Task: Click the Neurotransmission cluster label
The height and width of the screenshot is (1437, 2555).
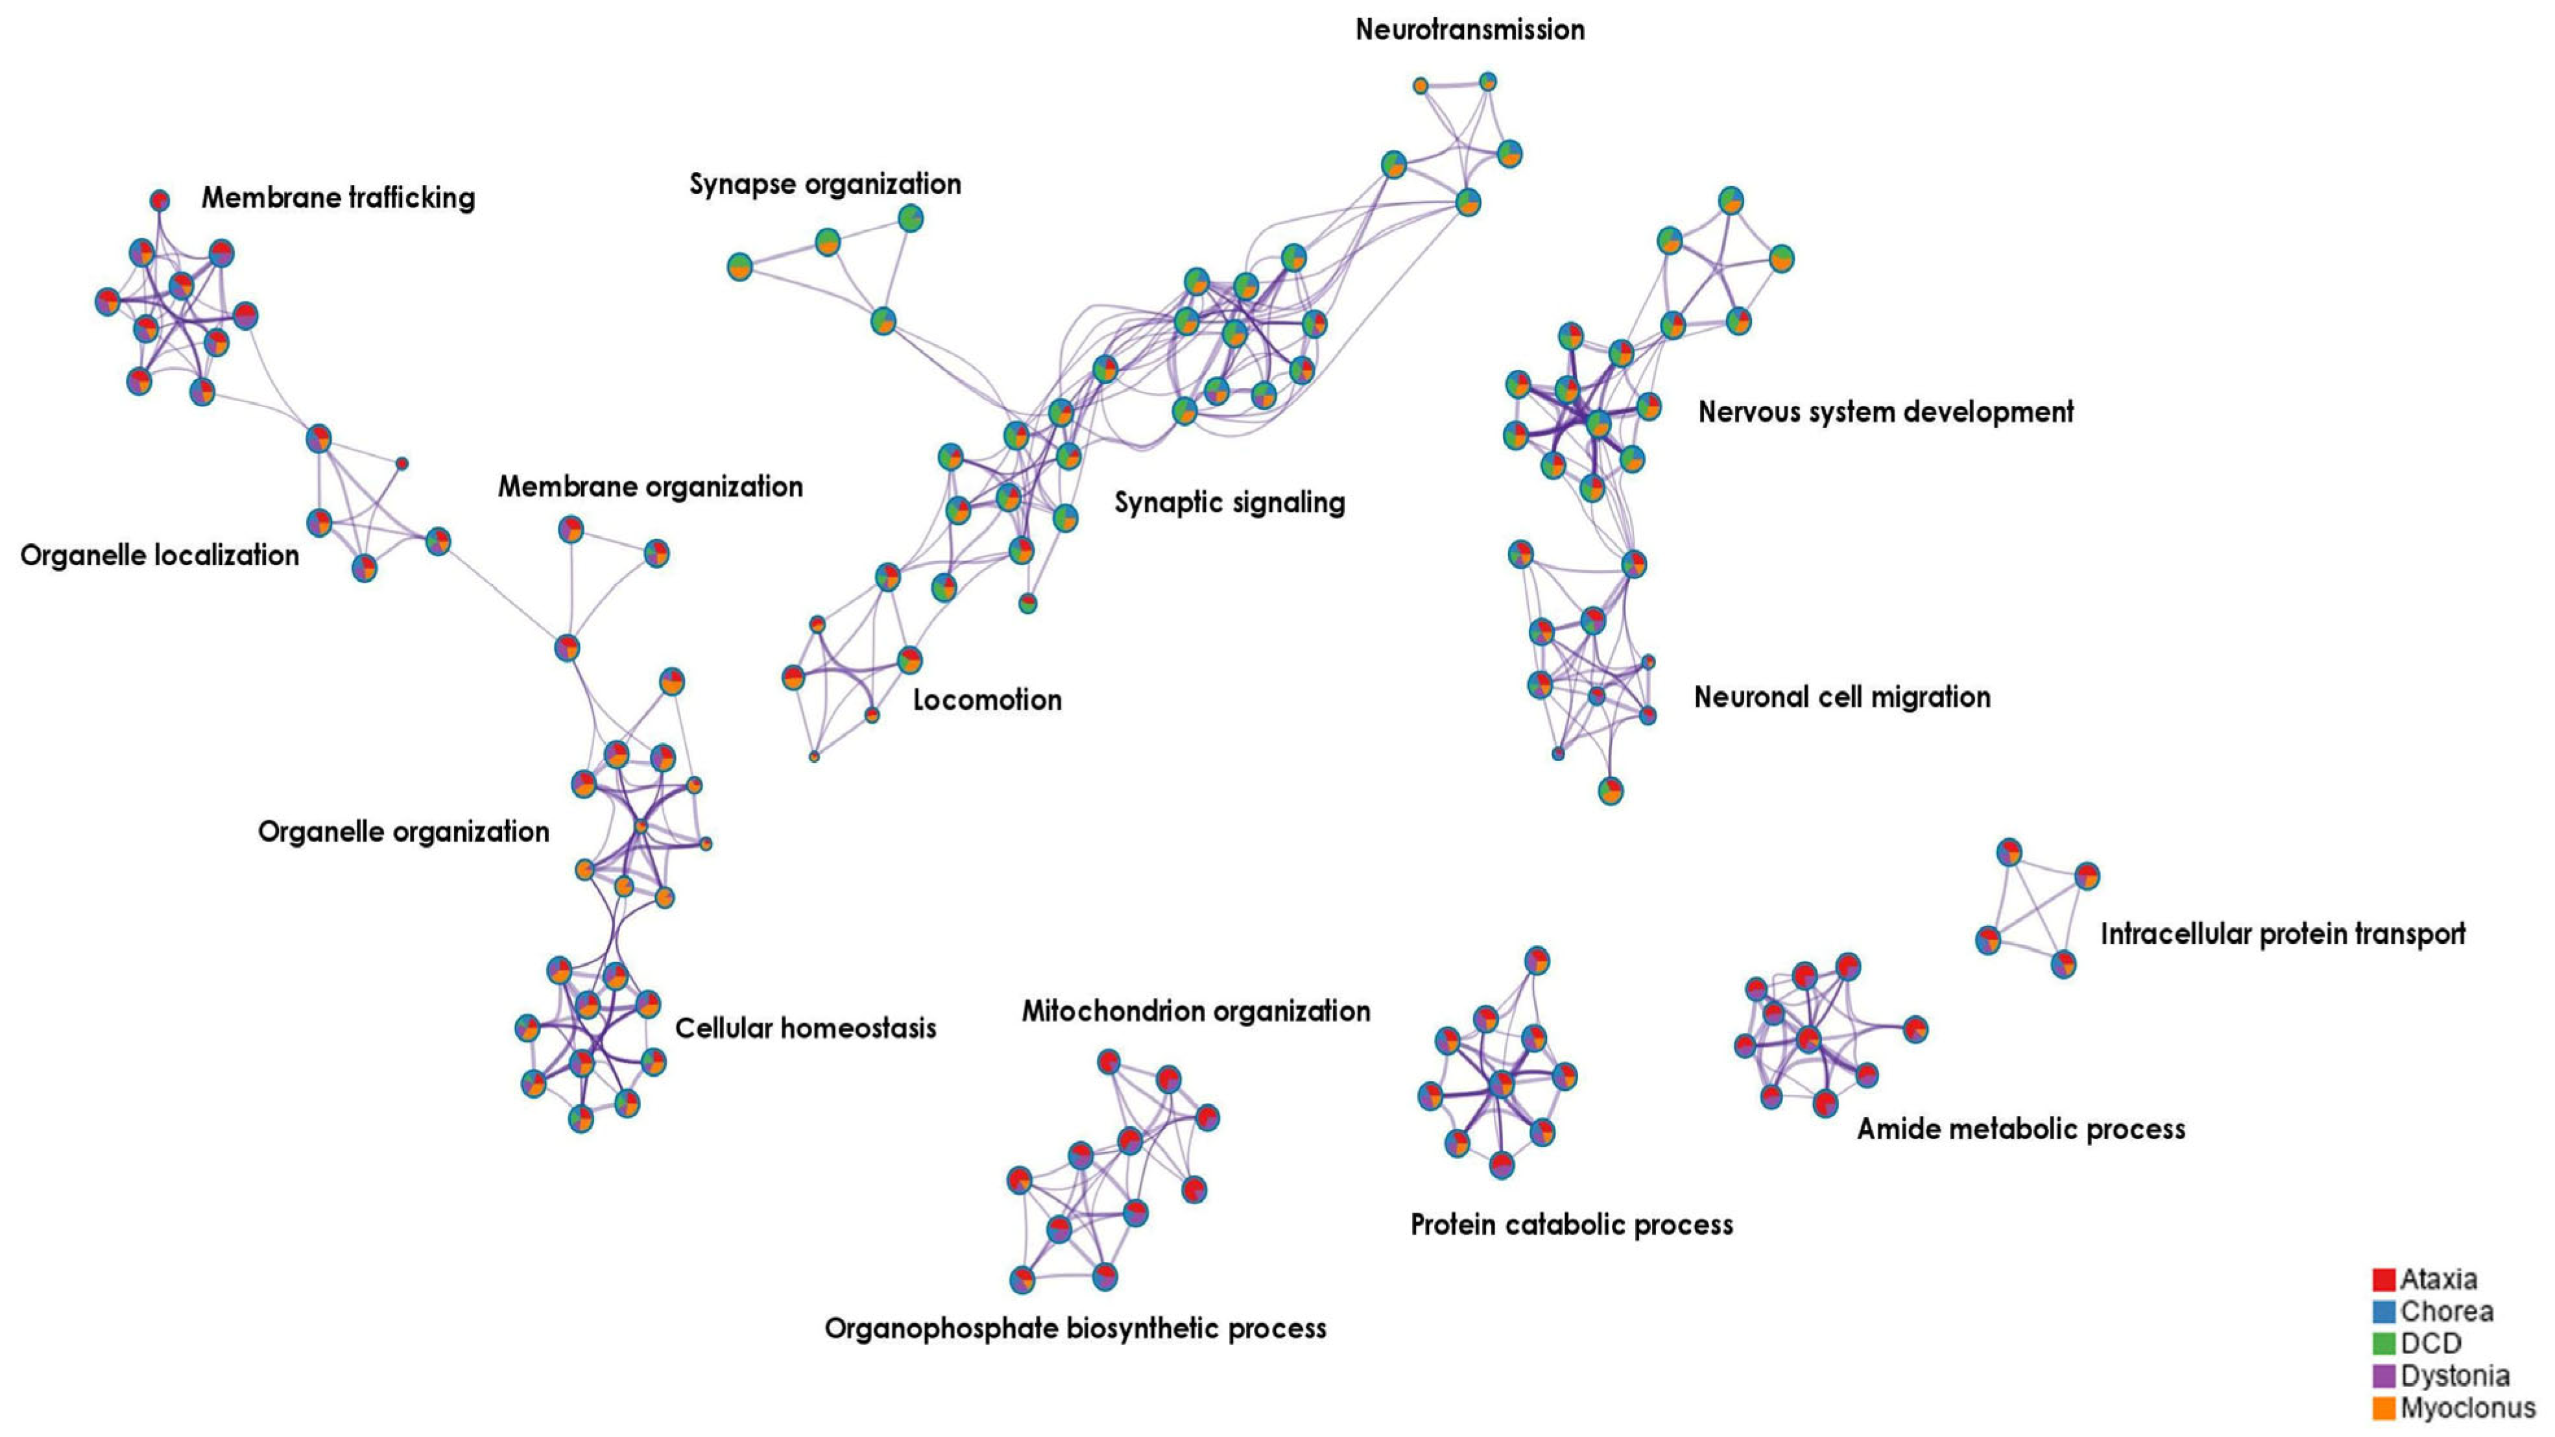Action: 1469,30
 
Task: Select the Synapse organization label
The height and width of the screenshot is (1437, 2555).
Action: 824,184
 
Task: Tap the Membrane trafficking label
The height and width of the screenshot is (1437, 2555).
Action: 338,199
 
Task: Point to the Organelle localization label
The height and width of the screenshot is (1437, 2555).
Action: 160,555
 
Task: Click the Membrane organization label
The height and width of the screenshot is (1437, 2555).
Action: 650,487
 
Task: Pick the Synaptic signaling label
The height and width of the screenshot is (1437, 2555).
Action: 1229,503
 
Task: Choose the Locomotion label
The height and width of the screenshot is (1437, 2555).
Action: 987,700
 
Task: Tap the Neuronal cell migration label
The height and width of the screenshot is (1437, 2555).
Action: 1842,697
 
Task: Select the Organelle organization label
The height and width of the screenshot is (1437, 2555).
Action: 403,832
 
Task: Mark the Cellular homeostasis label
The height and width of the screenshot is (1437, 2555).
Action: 806,1028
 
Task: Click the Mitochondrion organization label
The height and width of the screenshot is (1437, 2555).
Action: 1195,1011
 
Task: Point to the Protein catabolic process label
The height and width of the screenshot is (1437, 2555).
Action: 1571,1225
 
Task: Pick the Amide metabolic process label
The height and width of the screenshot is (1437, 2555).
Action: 2021,1129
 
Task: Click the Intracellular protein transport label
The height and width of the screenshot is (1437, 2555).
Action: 2282,934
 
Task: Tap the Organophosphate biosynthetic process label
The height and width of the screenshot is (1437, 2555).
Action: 1075,1329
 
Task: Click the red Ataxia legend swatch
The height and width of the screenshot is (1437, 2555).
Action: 2383,1279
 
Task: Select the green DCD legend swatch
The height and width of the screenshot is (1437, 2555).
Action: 2383,1344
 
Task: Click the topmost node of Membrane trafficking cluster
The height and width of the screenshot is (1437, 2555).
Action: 160,200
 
